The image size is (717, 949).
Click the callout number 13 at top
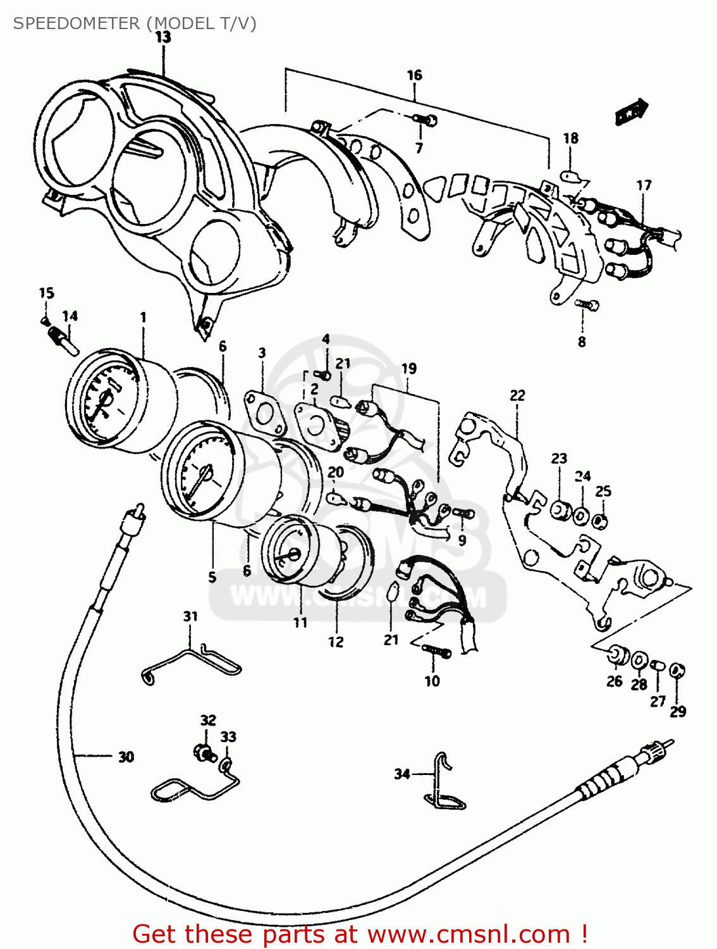point(163,37)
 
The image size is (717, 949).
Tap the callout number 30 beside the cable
point(126,757)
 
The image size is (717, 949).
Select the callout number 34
point(402,774)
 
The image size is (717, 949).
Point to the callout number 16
point(414,75)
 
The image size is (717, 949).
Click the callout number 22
point(517,395)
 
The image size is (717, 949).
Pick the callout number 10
point(432,681)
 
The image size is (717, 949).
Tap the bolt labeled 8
point(588,306)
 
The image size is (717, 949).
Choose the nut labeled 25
point(602,521)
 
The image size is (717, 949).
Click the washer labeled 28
point(639,661)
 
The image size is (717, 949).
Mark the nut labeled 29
point(677,670)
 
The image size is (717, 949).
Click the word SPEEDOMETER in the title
point(77,23)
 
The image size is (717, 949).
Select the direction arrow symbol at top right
point(632,112)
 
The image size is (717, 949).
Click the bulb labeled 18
point(571,175)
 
